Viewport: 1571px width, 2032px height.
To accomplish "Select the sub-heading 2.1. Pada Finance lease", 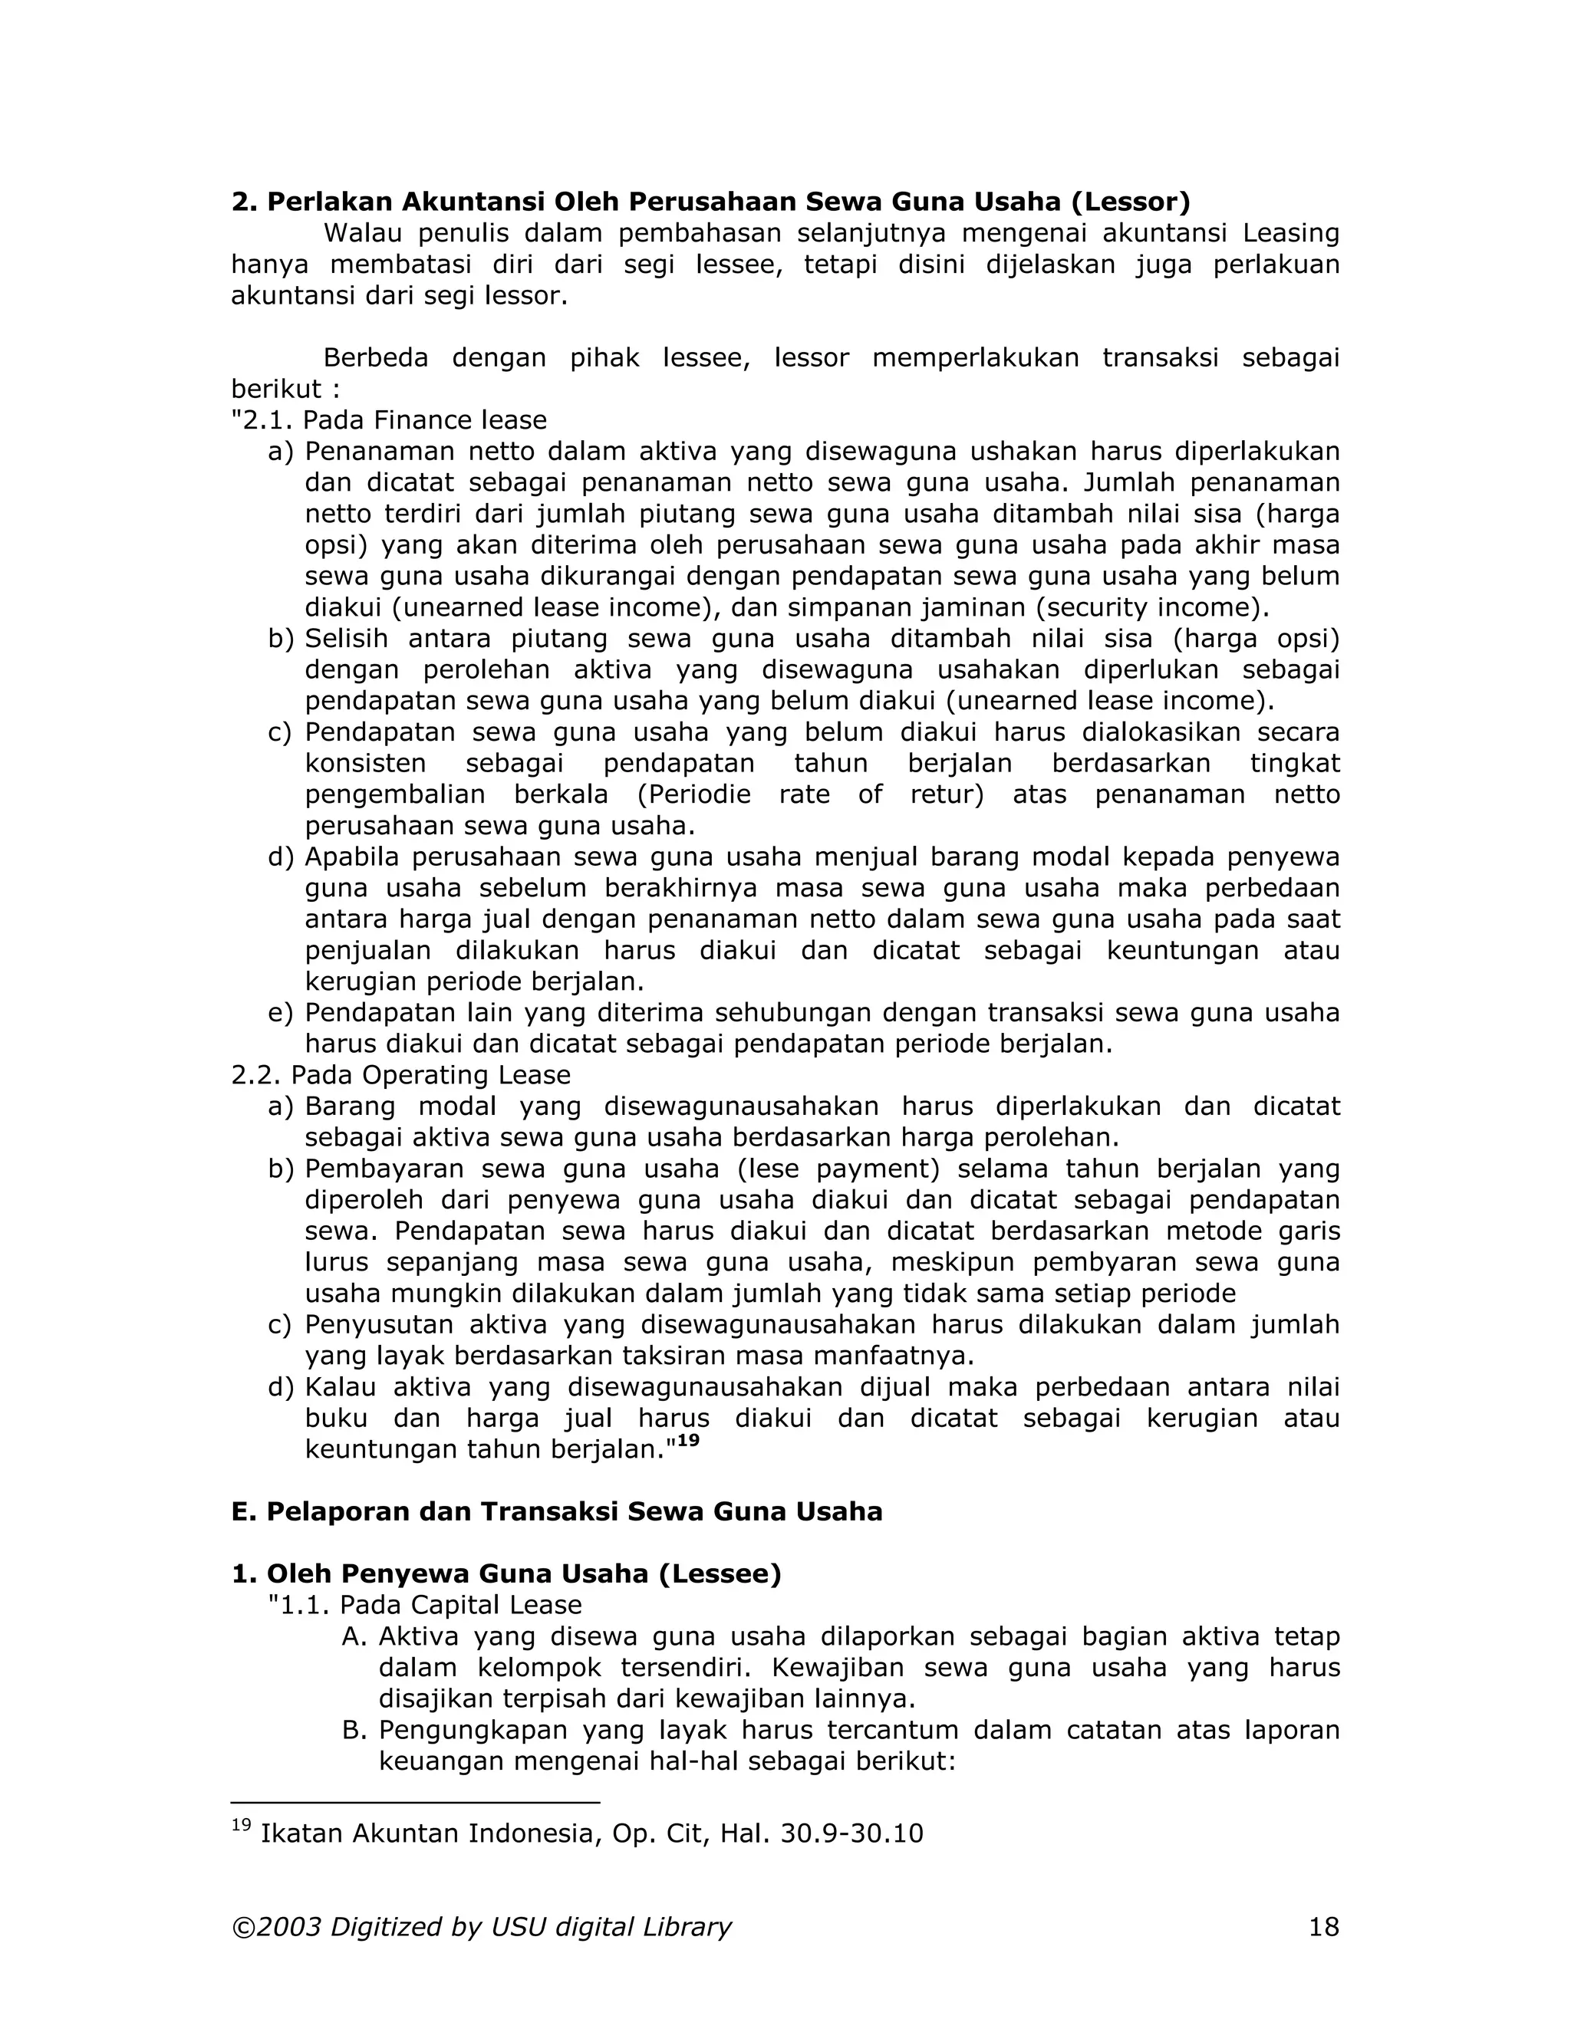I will pos(389,420).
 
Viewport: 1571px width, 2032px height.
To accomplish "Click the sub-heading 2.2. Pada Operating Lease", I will pos(401,1076).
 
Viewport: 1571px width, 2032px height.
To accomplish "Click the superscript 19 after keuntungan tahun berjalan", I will pos(688,1442).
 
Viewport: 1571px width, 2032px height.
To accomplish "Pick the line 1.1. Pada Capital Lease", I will pos(424,1605).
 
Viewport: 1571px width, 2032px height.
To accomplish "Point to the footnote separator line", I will pos(415,1802).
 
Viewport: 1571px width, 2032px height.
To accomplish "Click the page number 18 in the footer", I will pos(1323,1927).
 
